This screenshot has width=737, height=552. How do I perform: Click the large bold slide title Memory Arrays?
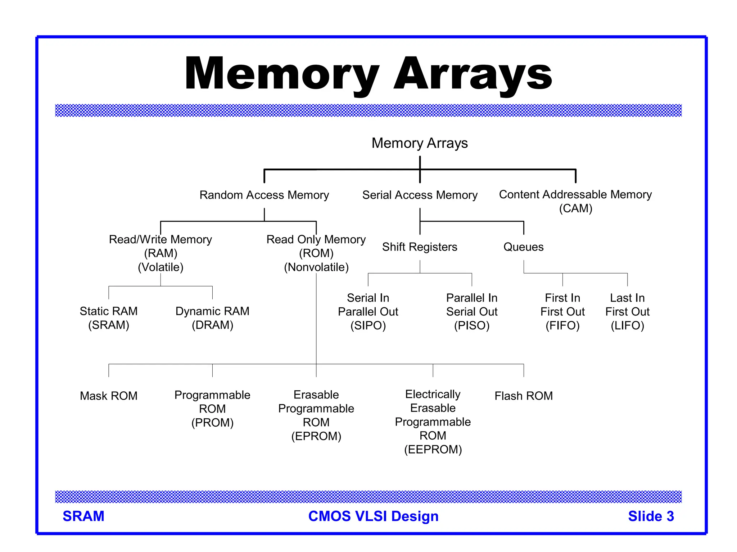pyautogui.click(x=368, y=74)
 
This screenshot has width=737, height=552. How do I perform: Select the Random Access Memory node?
pyautogui.click(x=264, y=195)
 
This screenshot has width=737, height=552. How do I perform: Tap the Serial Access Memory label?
pyautogui.click(x=420, y=195)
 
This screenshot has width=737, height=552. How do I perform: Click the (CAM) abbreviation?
pyautogui.click(x=575, y=208)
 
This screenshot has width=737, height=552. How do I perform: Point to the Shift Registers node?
pyautogui.click(x=420, y=247)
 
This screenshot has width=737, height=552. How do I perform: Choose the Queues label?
pyautogui.click(x=523, y=247)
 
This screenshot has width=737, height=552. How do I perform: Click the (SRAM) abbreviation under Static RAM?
pyautogui.click(x=109, y=325)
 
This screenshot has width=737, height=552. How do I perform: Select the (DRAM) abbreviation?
pyautogui.click(x=212, y=325)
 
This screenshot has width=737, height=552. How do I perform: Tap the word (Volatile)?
pyautogui.click(x=160, y=267)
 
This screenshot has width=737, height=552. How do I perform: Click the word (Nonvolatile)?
pyautogui.click(x=316, y=267)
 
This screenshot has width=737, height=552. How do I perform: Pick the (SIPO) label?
pyautogui.click(x=368, y=326)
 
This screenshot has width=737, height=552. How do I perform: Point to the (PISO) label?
pyautogui.click(x=472, y=326)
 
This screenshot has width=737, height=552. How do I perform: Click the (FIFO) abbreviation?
pyautogui.click(x=562, y=326)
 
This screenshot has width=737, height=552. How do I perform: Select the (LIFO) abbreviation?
pyautogui.click(x=627, y=326)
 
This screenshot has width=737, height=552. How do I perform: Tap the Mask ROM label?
pyautogui.click(x=109, y=396)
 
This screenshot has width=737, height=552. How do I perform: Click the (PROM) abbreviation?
pyautogui.click(x=212, y=423)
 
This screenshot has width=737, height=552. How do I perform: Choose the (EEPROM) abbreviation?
pyautogui.click(x=433, y=450)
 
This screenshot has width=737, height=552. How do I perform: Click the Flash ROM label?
pyautogui.click(x=524, y=396)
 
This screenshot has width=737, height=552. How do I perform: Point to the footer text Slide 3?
pyautogui.click(x=651, y=516)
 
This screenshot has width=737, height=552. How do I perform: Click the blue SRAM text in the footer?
pyautogui.click(x=83, y=516)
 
